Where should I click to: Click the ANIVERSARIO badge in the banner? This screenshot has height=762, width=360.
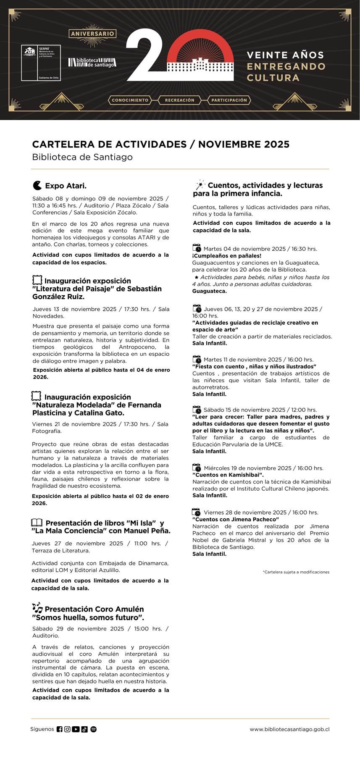click(92, 34)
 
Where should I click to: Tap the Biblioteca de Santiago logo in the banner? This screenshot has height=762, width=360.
click(92, 62)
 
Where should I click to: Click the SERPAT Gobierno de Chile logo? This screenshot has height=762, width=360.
click(41, 63)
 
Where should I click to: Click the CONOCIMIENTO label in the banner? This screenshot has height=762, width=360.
click(130, 100)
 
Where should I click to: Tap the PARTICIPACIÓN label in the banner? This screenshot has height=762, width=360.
click(229, 100)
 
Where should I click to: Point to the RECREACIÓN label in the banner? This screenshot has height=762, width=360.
click(179, 100)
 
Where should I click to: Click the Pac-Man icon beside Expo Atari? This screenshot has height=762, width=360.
click(37, 185)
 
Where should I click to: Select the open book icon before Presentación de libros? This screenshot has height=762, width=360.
click(37, 523)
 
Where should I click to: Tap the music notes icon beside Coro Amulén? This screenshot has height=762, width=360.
click(37, 608)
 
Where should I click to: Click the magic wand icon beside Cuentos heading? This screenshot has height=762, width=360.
click(200, 185)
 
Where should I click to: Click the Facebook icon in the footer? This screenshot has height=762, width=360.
click(59, 729)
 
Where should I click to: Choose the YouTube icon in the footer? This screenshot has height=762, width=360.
click(76, 729)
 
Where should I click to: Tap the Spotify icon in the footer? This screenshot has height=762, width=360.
click(93, 729)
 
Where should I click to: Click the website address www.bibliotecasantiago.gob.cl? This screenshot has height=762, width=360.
click(289, 730)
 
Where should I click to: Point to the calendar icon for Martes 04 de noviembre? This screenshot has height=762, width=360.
click(197, 248)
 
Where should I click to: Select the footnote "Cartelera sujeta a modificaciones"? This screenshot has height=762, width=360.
click(296, 572)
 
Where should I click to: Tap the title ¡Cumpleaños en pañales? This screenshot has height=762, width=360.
click(227, 256)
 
